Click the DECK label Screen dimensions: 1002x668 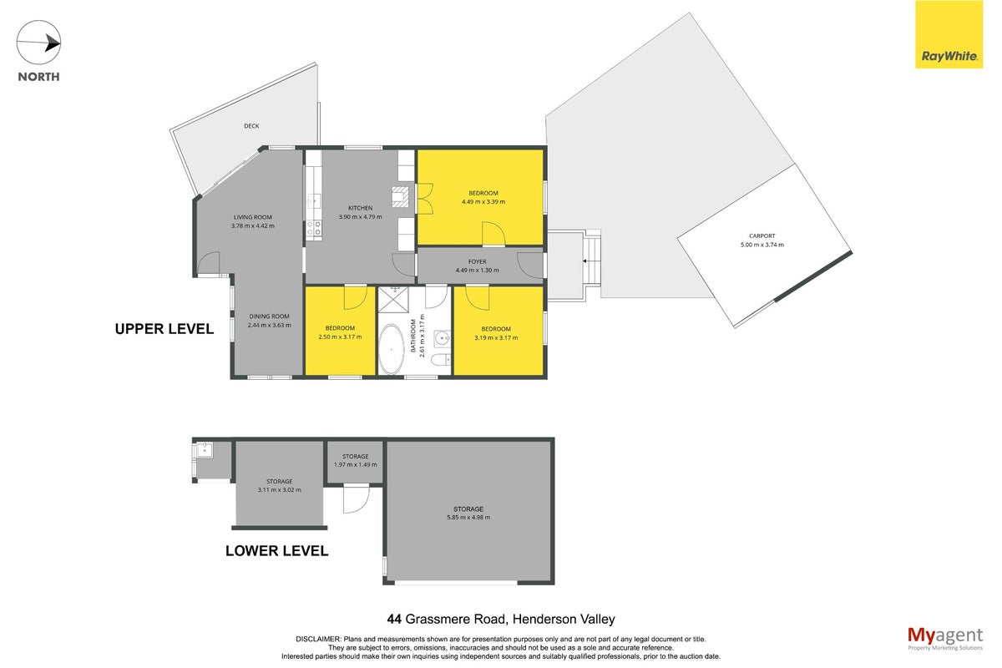point(251,126)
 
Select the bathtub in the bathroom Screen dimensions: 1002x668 point(392,349)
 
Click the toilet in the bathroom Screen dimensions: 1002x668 point(441,359)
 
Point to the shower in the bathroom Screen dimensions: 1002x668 point(393,299)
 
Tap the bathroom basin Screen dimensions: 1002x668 point(443,338)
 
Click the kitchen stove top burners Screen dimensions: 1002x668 point(314,228)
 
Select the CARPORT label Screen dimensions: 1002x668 point(762,235)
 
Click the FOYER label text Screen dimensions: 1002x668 point(478,261)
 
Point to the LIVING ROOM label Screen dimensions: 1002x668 point(253,217)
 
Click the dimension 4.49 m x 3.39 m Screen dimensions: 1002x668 point(483,202)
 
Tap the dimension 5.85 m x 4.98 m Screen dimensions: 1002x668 point(468,517)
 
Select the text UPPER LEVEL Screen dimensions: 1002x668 point(164,329)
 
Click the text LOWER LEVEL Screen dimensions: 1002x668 point(277,551)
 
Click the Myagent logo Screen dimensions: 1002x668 point(945,639)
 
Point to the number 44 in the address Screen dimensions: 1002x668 point(394,620)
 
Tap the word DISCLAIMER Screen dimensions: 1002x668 point(318,640)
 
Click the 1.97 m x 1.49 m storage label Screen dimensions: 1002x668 point(356,464)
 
